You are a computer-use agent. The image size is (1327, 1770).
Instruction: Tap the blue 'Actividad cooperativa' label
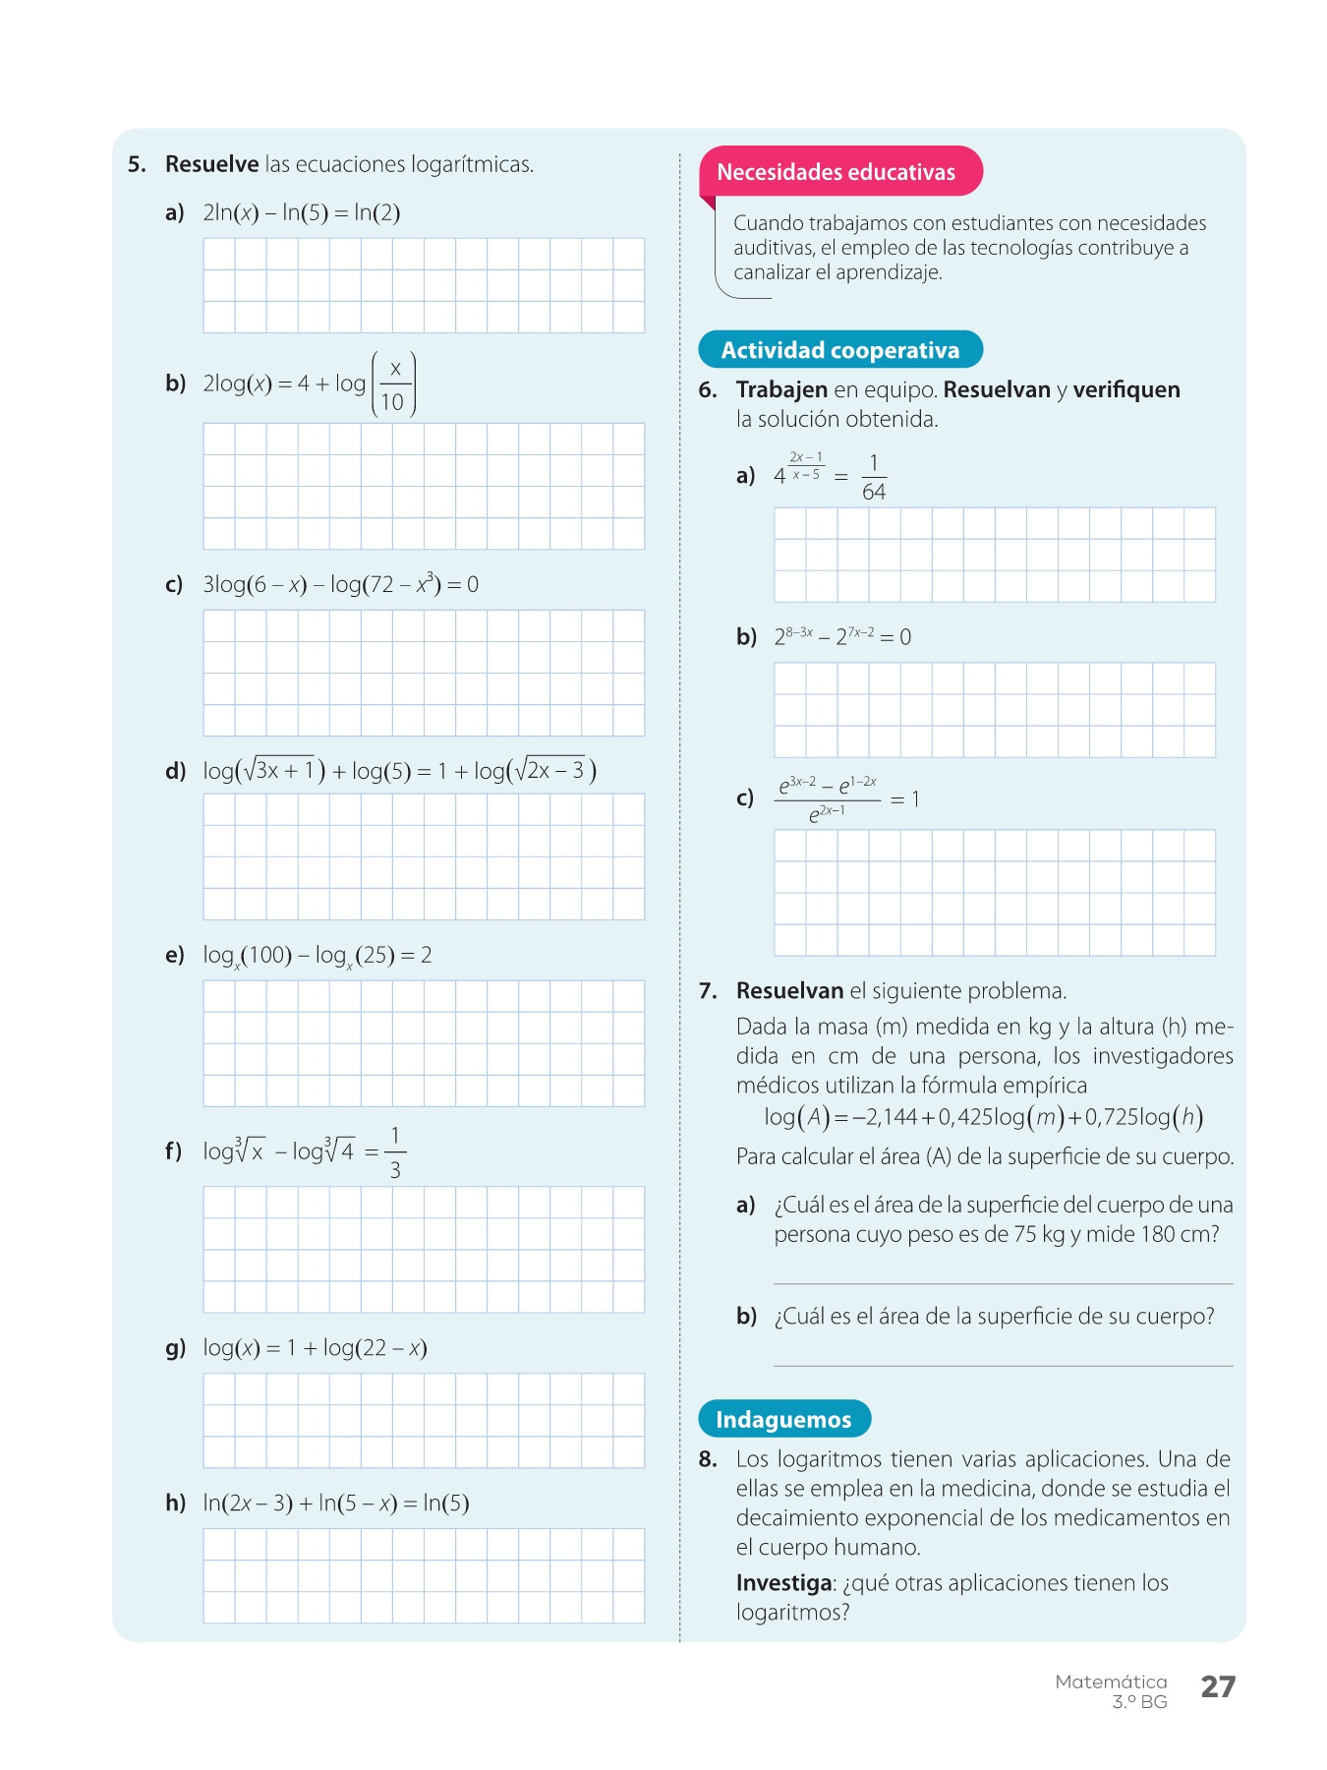[x=839, y=350]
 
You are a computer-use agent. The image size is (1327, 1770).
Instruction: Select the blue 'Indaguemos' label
[x=783, y=1419]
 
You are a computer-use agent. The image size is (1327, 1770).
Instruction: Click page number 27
[x=1218, y=1686]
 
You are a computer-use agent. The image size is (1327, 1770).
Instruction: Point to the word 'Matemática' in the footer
[x=1111, y=1681]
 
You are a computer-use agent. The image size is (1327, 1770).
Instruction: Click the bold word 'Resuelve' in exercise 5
[x=211, y=164]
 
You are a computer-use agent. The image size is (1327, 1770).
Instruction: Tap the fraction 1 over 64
[x=873, y=477]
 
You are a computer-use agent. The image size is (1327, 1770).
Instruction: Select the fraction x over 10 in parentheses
[x=393, y=384]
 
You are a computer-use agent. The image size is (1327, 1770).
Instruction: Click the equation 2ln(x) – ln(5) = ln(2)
[x=301, y=212]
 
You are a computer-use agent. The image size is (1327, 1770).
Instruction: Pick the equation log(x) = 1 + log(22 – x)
[x=315, y=1347]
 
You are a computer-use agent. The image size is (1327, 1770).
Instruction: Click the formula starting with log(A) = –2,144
[x=983, y=1117]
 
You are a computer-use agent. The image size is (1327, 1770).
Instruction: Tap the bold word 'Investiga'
[x=783, y=1582]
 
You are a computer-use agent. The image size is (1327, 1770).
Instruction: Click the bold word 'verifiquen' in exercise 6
[x=1125, y=389]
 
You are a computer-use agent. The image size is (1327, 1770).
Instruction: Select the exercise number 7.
[x=708, y=990]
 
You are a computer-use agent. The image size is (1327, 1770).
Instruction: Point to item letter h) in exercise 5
[x=175, y=1503]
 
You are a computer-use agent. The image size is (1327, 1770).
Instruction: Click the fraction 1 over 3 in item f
[x=395, y=1151]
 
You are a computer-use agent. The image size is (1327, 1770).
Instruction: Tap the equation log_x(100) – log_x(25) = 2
[x=317, y=955]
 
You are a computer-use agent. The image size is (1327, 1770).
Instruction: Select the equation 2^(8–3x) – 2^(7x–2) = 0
[x=842, y=636]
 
